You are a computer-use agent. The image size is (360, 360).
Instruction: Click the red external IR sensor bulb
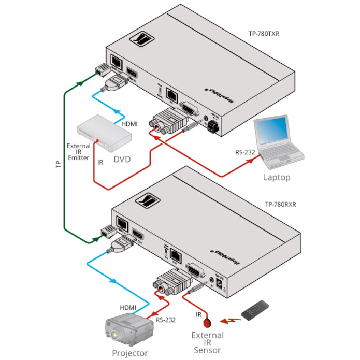tap(208, 322)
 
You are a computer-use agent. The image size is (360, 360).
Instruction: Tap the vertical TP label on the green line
tap(57, 164)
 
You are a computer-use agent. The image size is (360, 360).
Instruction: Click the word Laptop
tap(277, 177)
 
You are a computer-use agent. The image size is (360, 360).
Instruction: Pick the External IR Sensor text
tap(207, 342)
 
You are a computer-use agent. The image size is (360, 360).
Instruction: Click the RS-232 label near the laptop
tap(246, 152)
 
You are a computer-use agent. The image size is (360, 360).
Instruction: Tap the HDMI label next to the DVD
tap(129, 124)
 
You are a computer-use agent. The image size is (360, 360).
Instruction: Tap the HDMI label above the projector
tap(128, 307)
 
